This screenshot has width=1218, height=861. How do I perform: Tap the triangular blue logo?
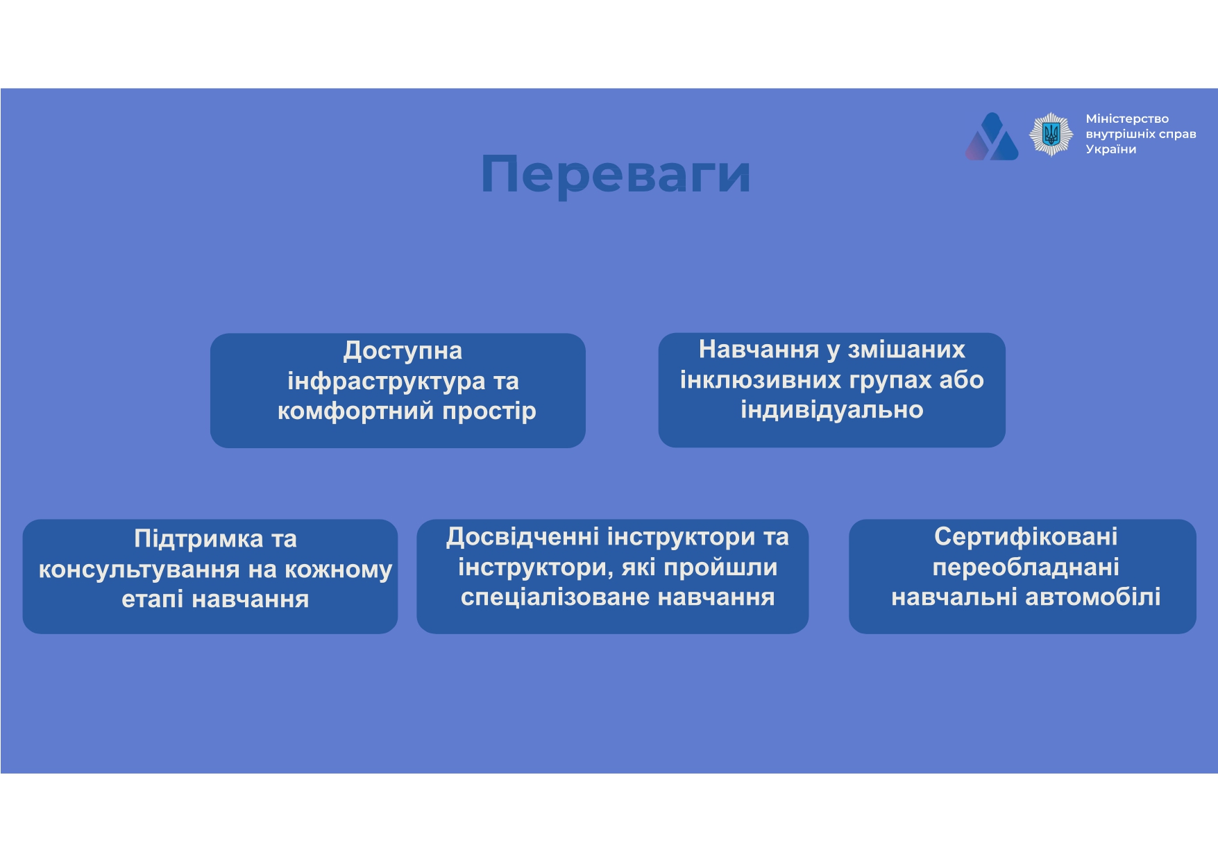(x=992, y=137)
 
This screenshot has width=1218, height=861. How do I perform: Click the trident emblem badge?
(x=1051, y=135)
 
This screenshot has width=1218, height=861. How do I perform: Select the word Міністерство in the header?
(x=1127, y=119)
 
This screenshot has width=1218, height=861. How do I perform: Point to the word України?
(x=1111, y=149)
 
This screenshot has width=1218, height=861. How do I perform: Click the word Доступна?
(x=403, y=351)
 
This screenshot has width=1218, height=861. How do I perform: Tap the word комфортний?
(x=356, y=411)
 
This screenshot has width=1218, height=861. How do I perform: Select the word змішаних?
(x=906, y=350)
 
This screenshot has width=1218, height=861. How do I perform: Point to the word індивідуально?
(x=832, y=410)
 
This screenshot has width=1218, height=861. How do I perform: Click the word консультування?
(x=139, y=570)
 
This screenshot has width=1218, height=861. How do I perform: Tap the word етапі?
(x=153, y=599)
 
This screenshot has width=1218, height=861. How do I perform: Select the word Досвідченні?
(x=523, y=537)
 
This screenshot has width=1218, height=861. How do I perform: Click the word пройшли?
(x=720, y=568)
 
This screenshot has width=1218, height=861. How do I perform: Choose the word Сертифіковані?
(x=1026, y=537)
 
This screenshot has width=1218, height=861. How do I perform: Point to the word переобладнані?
(x=1026, y=568)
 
